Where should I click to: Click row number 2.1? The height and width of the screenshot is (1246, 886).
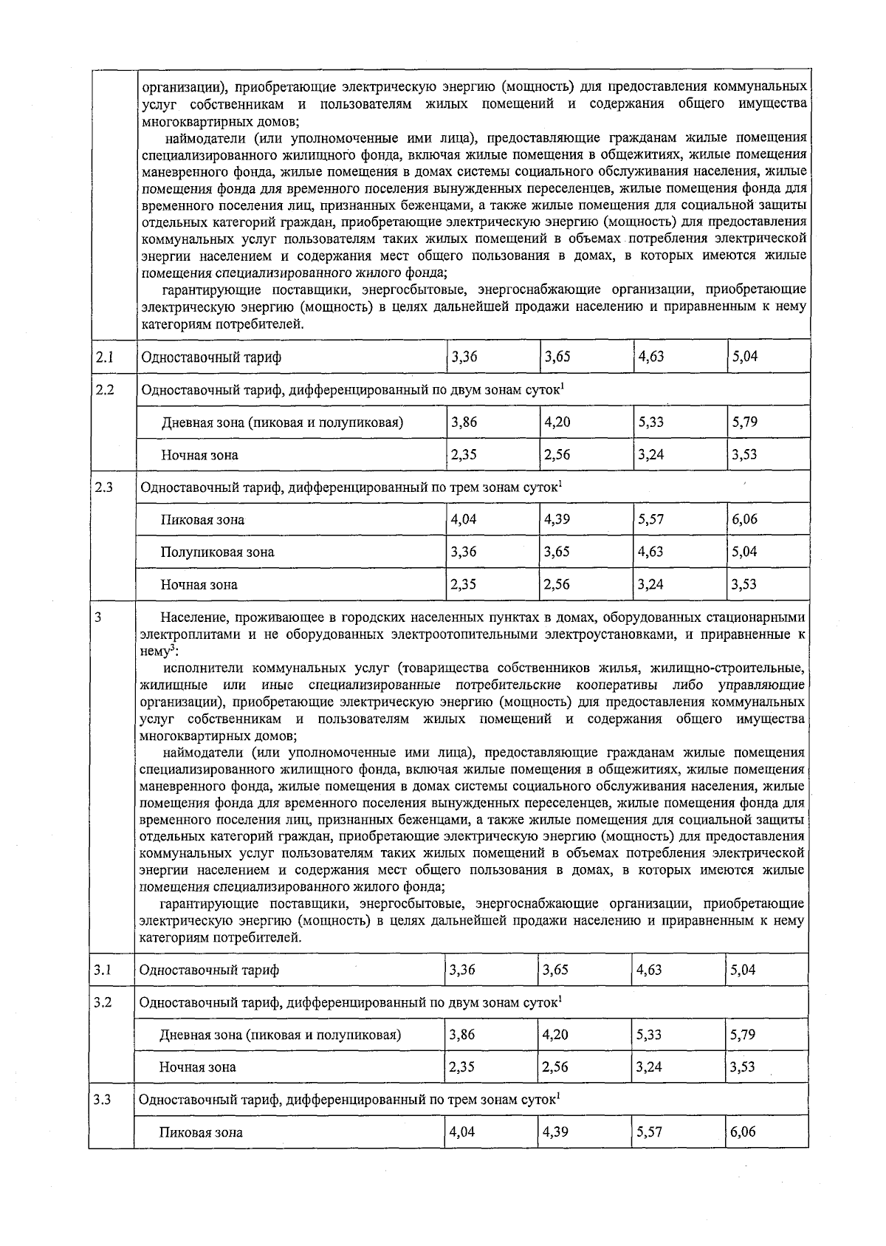(104, 357)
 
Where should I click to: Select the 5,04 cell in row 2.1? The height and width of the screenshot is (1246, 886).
(744, 357)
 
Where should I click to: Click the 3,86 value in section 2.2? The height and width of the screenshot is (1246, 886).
(464, 422)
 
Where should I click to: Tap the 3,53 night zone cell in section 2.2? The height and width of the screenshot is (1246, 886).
(744, 454)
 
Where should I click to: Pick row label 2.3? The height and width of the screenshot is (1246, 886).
(104, 487)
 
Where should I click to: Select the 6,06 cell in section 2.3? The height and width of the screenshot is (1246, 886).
(744, 519)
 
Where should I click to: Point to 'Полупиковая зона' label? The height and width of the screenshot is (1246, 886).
(218, 552)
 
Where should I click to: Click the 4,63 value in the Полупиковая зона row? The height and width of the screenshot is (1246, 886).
(651, 552)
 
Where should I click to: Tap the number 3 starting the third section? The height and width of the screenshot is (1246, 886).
(98, 617)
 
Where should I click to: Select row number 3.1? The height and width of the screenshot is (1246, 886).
(103, 970)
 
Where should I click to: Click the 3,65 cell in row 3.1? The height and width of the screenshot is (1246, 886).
(555, 969)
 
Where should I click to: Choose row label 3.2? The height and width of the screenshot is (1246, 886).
(103, 1002)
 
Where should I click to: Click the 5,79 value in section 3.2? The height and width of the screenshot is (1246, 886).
(743, 1034)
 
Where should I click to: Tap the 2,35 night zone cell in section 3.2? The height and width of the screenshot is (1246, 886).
(462, 1067)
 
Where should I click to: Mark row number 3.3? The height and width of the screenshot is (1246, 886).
(103, 1100)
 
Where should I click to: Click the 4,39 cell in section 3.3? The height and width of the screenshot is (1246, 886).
(555, 1132)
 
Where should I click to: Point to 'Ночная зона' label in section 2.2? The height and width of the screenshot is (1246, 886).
(200, 455)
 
